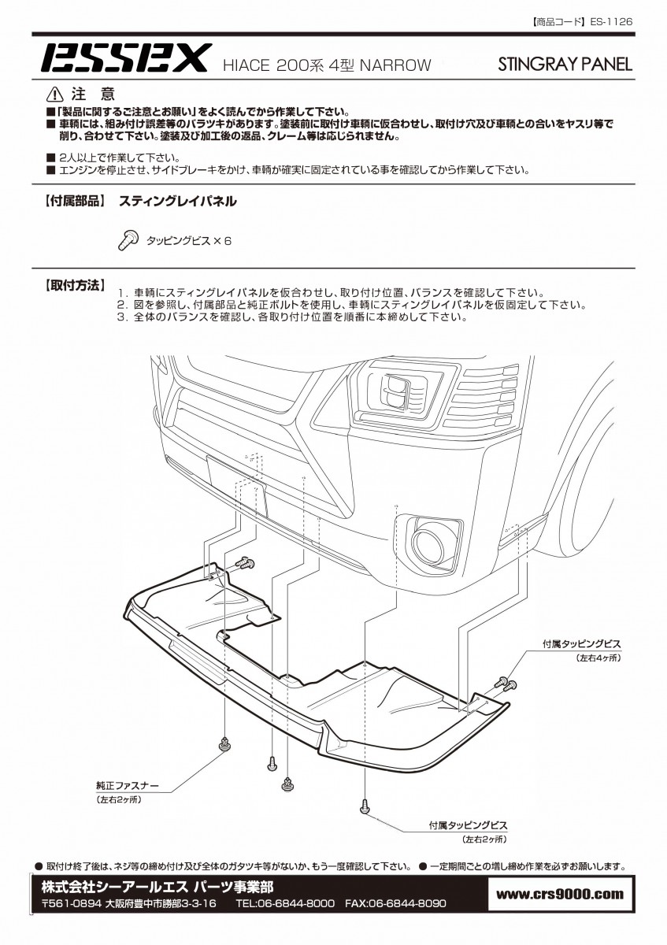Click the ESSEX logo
pos(124,57)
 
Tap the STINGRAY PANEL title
pos(565,65)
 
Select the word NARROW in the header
pos(396,65)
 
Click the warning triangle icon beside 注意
pos(56,94)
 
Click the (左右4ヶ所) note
pos(598,658)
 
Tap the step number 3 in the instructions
pos(122,317)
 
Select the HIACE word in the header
pos(246,65)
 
